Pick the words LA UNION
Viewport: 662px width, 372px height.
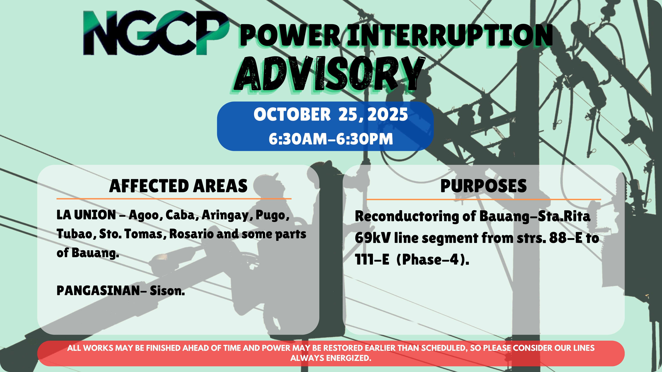pos(86,215)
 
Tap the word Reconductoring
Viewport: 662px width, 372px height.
pos(407,216)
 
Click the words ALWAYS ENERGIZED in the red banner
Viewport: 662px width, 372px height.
pos(331,358)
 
